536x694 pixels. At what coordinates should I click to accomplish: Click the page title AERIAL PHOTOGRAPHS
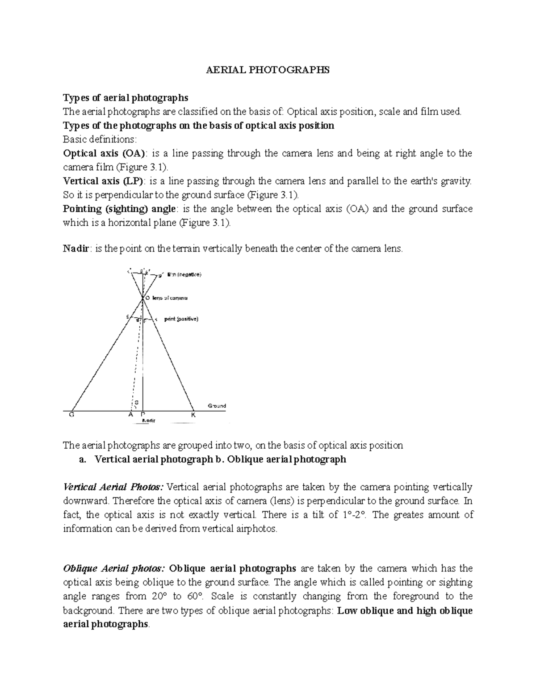click(x=267, y=70)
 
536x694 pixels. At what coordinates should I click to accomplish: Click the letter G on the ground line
click(x=71, y=414)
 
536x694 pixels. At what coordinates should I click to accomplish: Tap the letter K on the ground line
click(x=193, y=414)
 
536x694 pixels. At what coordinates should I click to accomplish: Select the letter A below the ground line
click(x=131, y=414)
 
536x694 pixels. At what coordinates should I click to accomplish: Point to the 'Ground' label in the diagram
click(x=217, y=406)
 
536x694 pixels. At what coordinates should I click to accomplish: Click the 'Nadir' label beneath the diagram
click(x=148, y=421)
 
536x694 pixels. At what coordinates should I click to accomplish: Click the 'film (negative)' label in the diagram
click(x=184, y=274)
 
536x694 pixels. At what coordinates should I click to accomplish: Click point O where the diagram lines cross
click(x=143, y=298)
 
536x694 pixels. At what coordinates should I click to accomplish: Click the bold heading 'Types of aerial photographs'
click(x=126, y=98)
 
